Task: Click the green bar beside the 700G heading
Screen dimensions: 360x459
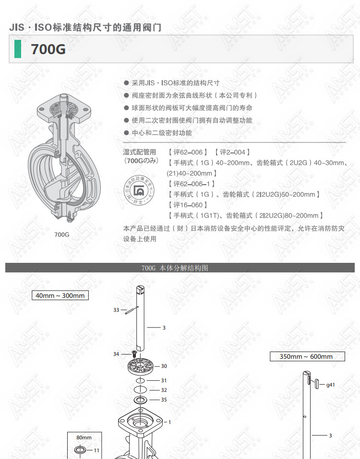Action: pos(18,48)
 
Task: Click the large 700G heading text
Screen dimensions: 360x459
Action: pos(48,49)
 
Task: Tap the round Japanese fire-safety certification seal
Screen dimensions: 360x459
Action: pos(139,190)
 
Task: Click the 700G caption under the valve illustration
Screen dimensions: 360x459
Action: pos(62,235)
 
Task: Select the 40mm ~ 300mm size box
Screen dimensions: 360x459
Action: pos(60,295)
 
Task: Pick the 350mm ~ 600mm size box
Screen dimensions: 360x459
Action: pos(307,356)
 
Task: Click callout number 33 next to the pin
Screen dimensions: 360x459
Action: pos(116,310)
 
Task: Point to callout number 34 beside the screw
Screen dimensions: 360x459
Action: pos(116,354)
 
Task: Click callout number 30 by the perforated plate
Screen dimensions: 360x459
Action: pos(164,366)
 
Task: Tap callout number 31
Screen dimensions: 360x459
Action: pos(164,380)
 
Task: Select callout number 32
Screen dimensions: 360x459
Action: pos(164,390)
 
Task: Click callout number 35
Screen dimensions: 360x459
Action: pos(164,400)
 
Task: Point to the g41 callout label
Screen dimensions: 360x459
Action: pos(330,385)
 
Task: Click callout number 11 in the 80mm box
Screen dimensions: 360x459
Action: pos(96,450)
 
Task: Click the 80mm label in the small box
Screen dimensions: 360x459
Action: pos(84,437)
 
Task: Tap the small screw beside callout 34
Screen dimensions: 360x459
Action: pos(134,353)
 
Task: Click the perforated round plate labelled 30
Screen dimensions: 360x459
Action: pos(141,366)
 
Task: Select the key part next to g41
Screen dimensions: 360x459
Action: pos(317,384)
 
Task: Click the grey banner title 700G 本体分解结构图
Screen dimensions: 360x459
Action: pos(175,268)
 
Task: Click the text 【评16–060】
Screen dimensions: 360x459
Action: pos(188,205)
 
